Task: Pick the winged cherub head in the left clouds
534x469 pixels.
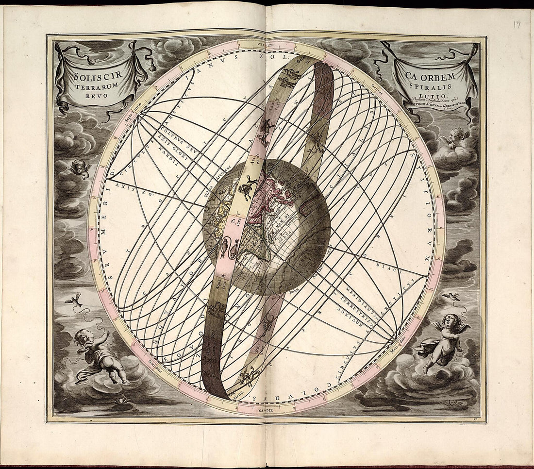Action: [79, 167]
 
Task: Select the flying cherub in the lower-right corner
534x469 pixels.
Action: [443, 340]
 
